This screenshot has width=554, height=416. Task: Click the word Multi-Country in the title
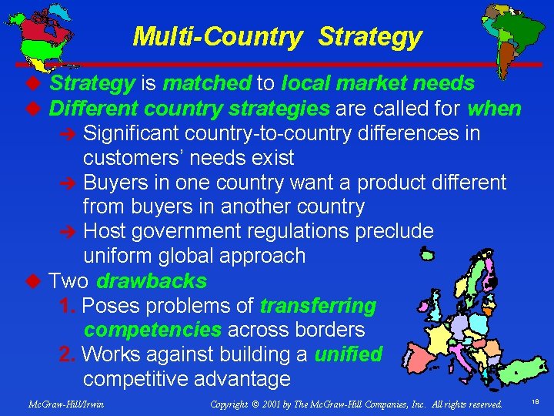(216, 37)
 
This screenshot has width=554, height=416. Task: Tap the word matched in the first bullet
(206, 83)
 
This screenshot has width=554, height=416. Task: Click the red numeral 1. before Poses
(68, 306)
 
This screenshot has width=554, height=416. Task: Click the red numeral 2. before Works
(68, 354)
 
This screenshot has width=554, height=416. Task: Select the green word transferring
(318, 306)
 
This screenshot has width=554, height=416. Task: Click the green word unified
(349, 354)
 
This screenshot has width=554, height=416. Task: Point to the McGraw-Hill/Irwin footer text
(65, 404)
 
